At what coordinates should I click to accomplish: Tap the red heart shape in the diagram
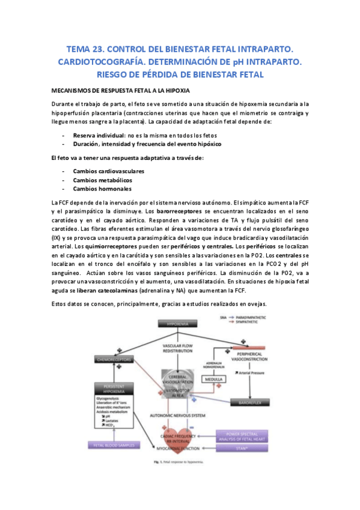pyautogui.click(x=180, y=437)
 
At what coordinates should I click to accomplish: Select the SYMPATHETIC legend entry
pyautogui.click(x=252, y=321)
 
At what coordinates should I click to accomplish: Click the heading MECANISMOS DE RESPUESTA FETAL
pyautogui.click(x=121, y=90)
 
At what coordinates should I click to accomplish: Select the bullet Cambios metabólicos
pyautogui.click(x=102, y=180)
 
